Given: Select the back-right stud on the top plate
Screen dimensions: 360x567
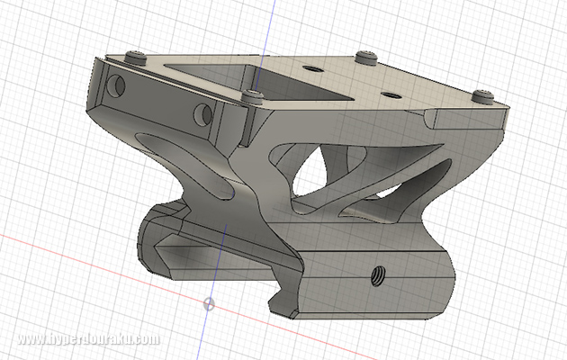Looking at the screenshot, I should [364, 58].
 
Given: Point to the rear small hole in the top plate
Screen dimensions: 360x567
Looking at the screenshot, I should [312, 68].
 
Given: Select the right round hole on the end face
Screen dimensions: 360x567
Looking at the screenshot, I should [202, 114].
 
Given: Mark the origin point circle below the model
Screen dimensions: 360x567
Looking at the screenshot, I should [210, 303].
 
